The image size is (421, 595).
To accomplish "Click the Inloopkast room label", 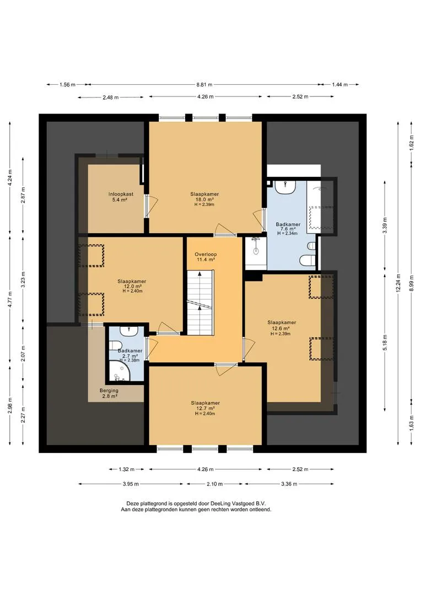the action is click(121, 194).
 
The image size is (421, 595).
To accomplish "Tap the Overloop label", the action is click(206, 254).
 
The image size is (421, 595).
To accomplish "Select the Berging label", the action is click(109, 391).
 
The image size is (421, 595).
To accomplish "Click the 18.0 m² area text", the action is click(204, 199).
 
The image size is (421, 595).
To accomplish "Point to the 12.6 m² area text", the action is click(281, 328).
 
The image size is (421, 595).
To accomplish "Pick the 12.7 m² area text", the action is click(205, 408).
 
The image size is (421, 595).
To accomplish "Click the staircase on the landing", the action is click(200, 302).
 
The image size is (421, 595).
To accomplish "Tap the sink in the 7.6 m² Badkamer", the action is click(285, 187).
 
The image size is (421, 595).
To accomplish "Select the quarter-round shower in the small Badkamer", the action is click(120, 371).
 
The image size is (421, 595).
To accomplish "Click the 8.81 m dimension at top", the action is click(204, 85).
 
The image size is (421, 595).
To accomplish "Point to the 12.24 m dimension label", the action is click(398, 283).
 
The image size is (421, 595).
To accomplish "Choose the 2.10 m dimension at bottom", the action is click(214, 484).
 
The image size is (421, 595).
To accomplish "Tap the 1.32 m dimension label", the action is click(126, 469).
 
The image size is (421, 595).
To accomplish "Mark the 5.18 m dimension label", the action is click(385, 342).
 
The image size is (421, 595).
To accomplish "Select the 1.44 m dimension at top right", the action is click(340, 85).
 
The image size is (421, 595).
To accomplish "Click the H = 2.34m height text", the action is click(288, 234).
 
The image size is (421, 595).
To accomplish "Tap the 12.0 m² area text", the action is click(132, 286).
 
